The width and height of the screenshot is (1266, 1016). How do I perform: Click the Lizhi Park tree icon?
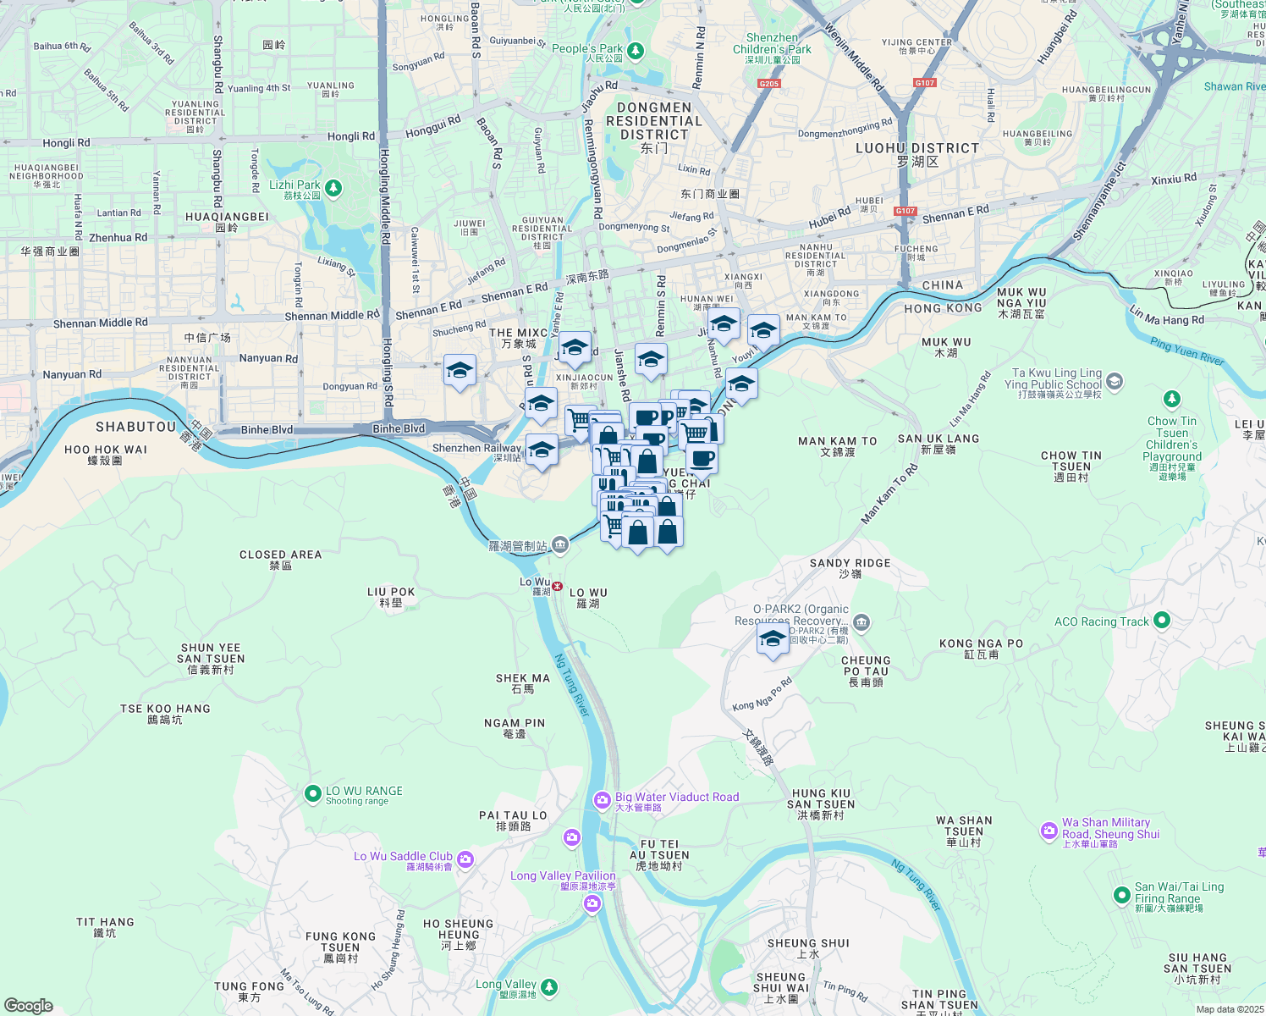[x=333, y=187]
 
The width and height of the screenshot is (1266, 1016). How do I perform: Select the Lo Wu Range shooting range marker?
[x=312, y=793]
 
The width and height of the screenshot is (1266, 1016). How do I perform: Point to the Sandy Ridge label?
[x=850, y=563]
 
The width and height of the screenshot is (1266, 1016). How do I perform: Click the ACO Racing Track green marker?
[x=1161, y=621]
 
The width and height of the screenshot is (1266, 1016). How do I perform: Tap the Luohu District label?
[x=917, y=148]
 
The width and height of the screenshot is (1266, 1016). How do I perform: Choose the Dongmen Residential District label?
[x=654, y=121]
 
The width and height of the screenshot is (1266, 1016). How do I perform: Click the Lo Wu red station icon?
[x=557, y=586]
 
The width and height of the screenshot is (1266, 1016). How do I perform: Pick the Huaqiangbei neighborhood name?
[x=227, y=217]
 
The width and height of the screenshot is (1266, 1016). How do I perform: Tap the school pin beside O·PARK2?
[x=772, y=640]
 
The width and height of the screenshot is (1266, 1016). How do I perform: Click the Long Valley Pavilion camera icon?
[x=592, y=904]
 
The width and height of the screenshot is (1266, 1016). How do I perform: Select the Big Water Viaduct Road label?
[x=677, y=797]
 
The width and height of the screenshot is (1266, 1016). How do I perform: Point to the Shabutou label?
[x=135, y=427]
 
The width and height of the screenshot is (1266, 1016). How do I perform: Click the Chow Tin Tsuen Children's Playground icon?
[x=1171, y=399]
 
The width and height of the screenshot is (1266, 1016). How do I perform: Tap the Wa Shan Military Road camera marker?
[x=1049, y=831]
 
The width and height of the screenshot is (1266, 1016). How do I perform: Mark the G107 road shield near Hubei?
[x=905, y=211]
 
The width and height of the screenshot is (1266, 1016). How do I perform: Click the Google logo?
[x=28, y=1006]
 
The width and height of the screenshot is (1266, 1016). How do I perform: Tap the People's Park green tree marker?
[x=635, y=52]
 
